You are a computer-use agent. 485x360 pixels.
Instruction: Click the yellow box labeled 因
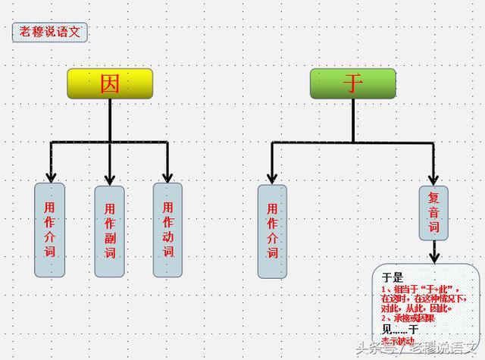tap(110, 83)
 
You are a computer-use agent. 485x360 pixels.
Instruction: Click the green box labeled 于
tap(353, 83)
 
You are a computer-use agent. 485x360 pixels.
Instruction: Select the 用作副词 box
tap(110, 230)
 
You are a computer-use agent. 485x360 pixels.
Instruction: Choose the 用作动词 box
tap(167, 229)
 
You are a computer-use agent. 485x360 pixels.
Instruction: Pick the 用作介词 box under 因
tap(50, 229)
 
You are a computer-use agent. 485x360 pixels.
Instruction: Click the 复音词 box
tap(434, 212)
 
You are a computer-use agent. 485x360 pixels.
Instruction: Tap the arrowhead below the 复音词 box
tap(434, 257)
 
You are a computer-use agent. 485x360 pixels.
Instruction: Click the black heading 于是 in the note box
tap(392, 277)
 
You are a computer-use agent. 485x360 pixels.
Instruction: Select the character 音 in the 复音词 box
tap(434, 212)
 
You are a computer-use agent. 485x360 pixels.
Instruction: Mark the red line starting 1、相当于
tap(424, 289)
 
